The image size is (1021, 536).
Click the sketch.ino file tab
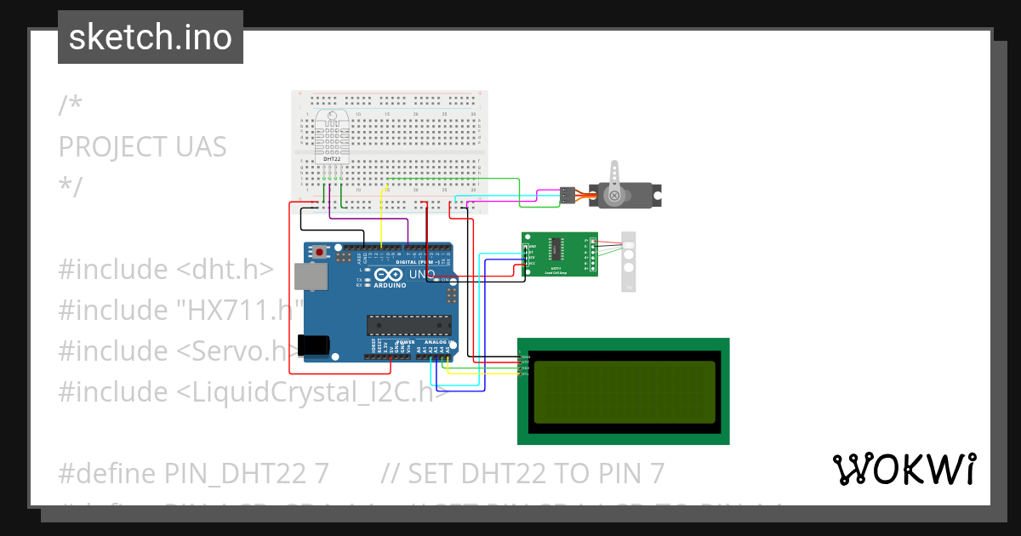click(151, 37)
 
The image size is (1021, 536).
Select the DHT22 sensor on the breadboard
click(330, 136)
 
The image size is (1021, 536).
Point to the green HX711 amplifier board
click(559, 254)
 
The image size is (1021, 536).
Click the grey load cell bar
click(629, 261)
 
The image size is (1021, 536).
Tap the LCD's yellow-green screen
click(624, 392)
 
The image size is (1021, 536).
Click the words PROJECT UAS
click(142, 146)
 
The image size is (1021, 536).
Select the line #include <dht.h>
click(166, 269)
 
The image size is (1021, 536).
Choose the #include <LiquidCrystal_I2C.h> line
click(254, 391)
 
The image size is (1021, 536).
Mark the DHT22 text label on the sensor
click(330, 159)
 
